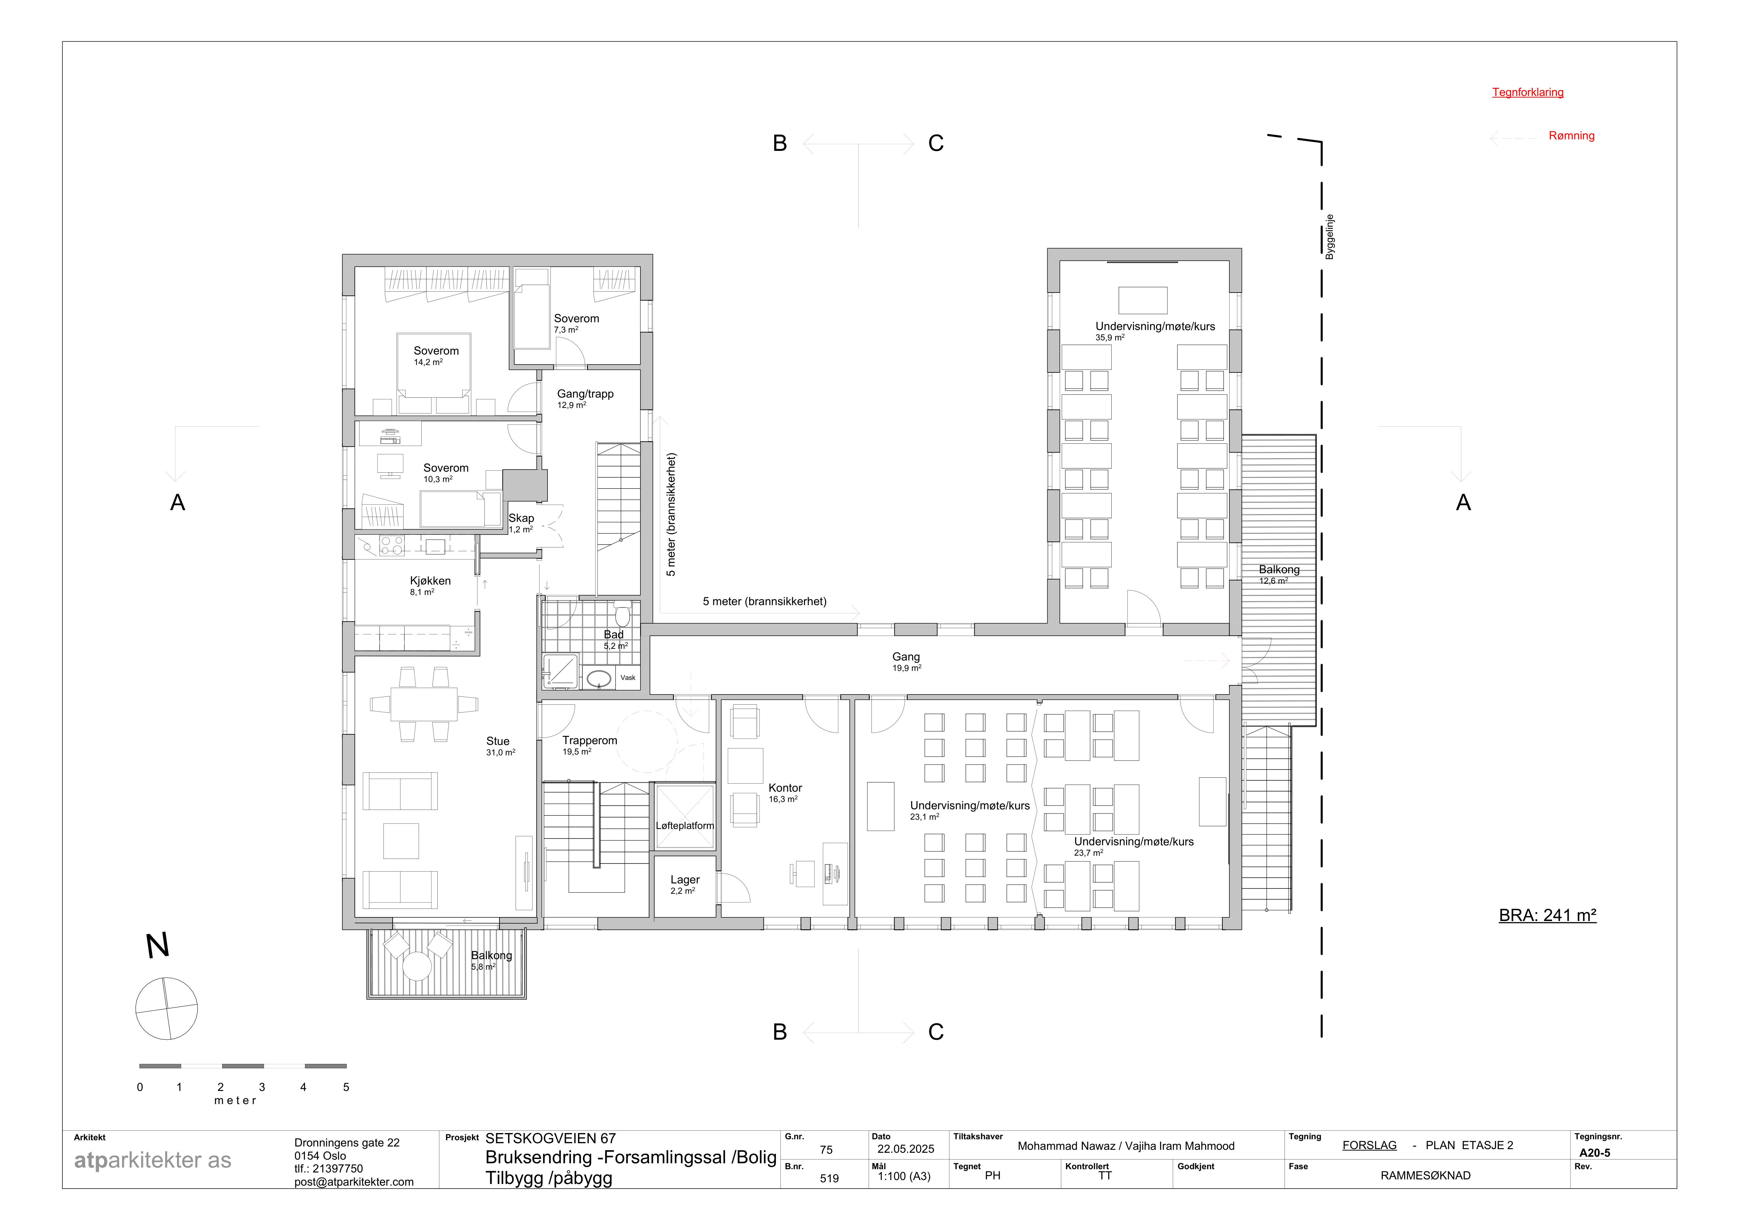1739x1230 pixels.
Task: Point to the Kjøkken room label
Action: pyautogui.click(x=430, y=581)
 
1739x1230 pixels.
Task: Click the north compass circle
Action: pyautogui.click(x=167, y=1008)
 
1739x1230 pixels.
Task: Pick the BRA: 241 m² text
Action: pyautogui.click(x=1547, y=915)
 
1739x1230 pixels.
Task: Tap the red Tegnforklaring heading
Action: pyautogui.click(x=1528, y=92)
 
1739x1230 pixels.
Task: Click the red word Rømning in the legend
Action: pyautogui.click(x=1572, y=135)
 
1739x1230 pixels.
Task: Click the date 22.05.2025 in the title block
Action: pyautogui.click(x=906, y=1149)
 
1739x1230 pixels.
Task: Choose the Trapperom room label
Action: pyautogui.click(x=589, y=741)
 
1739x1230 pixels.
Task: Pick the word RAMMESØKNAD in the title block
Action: pyautogui.click(x=1426, y=1175)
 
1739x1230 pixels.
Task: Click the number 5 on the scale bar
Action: pyautogui.click(x=346, y=1087)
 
